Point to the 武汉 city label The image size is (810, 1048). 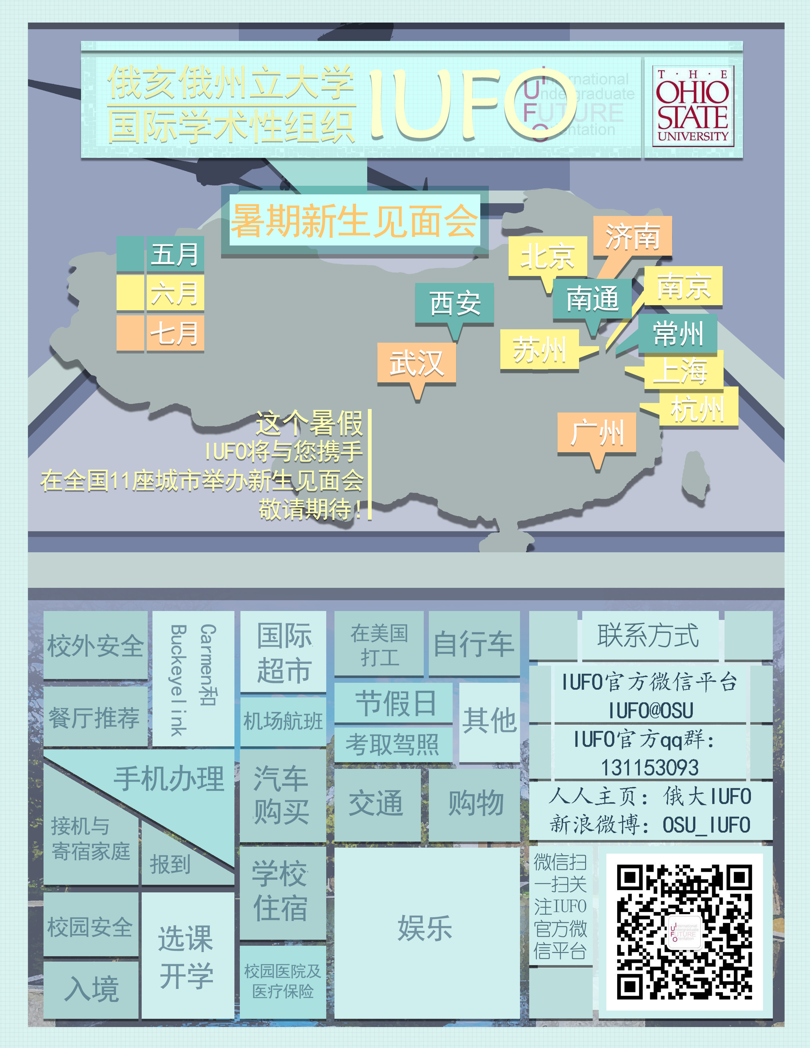pos(416,363)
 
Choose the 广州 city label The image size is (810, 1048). pos(597,433)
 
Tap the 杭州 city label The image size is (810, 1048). pos(698,408)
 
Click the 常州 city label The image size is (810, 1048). pos(678,333)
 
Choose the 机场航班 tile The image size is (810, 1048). pos(283,721)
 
